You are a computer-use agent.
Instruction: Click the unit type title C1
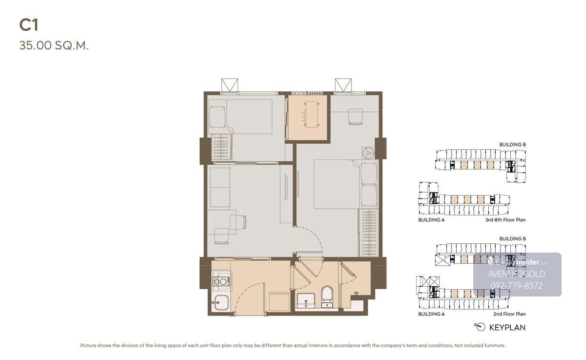pyautogui.click(x=29, y=25)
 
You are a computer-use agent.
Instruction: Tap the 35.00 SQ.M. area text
pyautogui.click(x=54, y=45)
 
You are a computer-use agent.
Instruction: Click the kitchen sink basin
pyautogui.click(x=220, y=303)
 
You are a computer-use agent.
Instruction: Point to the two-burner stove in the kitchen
pyautogui.click(x=221, y=281)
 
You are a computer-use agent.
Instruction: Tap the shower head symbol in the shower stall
pyautogui.click(x=356, y=293)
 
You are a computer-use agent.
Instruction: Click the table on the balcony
pyautogui.click(x=312, y=114)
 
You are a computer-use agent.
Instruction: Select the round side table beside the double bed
pyautogui.click(x=368, y=153)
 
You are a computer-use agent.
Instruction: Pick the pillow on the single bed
pyautogui.click(x=217, y=117)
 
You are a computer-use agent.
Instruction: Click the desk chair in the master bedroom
pyautogui.click(x=356, y=117)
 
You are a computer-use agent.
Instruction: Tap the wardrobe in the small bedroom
pyautogui.click(x=222, y=147)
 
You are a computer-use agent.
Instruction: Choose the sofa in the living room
pyautogui.click(x=220, y=187)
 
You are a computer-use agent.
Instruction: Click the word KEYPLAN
pyautogui.click(x=507, y=328)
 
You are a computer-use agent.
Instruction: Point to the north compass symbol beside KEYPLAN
pyautogui.click(x=480, y=327)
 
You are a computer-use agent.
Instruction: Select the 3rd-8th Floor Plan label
pyautogui.click(x=505, y=220)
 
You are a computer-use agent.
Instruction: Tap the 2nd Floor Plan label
pyautogui.click(x=509, y=314)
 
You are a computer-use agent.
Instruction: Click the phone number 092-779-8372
pyautogui.click(x=517, y=285)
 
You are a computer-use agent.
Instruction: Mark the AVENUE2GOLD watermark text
pyautogui.click(x=517, y=274)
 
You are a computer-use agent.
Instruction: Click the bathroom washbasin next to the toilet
pyautogui.click(x=306, y=300)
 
